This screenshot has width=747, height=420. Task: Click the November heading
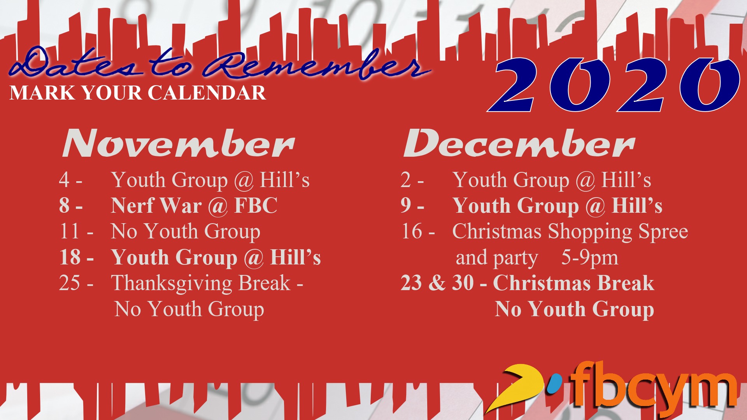pyautogui.click(x=178, y=143)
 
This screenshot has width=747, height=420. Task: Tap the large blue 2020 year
pyautogui.click(x=613, y=85)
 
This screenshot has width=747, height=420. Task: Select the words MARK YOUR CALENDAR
pyautogui.click(x=138, y=93)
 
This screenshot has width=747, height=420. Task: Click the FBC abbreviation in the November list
pyautogui.click(x=256, y=205)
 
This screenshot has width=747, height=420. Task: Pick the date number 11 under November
pyautogui.click(x=70, y=231)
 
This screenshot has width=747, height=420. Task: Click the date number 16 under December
pyautogui.click(x=412, y=231)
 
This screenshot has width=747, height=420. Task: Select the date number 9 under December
pyautogui.click(x=406, y=205)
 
